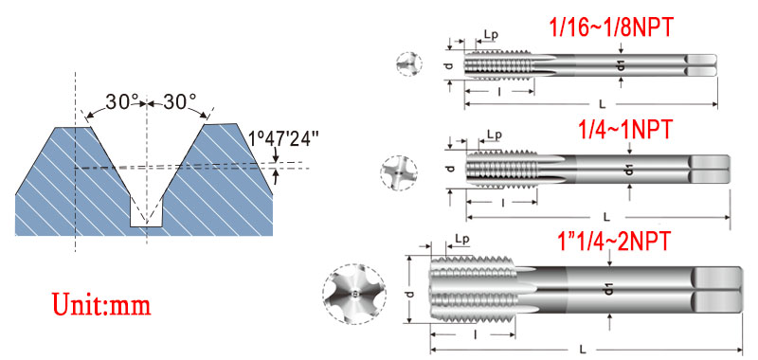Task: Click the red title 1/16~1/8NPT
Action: (611, 28)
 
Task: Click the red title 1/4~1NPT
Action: (625, 130)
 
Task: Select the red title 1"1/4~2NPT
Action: (614, 241)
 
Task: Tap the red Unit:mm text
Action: (101, 304)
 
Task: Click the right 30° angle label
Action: (179, 102)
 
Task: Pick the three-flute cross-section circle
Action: (409, 63)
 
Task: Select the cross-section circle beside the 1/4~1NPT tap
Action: (399, 172)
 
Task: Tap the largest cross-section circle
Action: (354, 295)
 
